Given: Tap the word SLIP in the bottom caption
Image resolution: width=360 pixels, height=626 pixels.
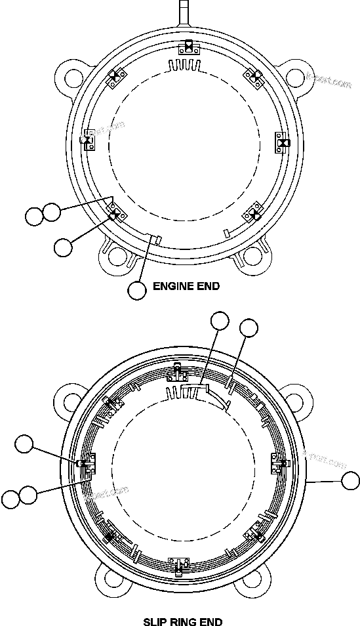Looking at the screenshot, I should coord(155,621).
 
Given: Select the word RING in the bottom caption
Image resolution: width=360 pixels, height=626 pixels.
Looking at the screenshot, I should coord(182,621).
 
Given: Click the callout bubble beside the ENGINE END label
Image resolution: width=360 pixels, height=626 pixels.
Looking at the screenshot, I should coord(136,290).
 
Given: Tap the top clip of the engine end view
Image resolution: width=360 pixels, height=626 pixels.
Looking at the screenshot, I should coord(188,47).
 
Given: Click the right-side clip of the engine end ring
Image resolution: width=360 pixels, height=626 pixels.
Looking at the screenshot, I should coord(283,142).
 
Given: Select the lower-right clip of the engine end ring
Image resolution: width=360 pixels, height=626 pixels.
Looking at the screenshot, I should coord(253,214).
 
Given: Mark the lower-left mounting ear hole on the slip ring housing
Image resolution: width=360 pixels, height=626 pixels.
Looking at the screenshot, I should coord(107,578).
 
